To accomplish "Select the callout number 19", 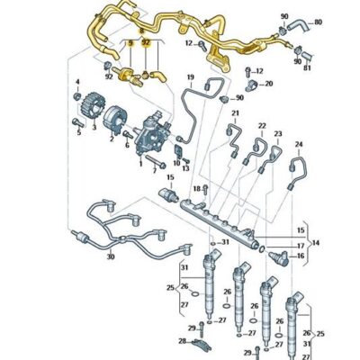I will coord(190,77).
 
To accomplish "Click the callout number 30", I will coord(111,257).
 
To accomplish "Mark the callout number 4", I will coord(78,83).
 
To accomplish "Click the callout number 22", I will coord(262,126).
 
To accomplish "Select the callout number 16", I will coord(301,256).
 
